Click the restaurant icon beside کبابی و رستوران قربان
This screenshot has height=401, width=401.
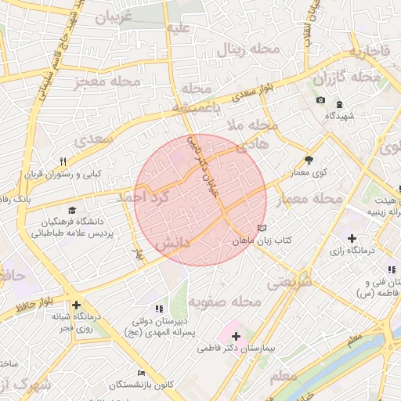click(x=63, y=161)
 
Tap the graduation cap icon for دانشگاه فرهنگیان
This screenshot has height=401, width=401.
click(x=73, y=211)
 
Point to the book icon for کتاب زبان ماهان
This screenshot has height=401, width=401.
click(x=261, y=229)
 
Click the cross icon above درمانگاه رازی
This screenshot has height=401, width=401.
click(x=352, y=238)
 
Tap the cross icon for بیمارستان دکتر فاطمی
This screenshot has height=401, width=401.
click(x=237, y=335)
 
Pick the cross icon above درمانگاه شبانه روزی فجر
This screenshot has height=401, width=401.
click(x=76, y=305)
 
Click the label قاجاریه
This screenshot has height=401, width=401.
click(x=369, y=52)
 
